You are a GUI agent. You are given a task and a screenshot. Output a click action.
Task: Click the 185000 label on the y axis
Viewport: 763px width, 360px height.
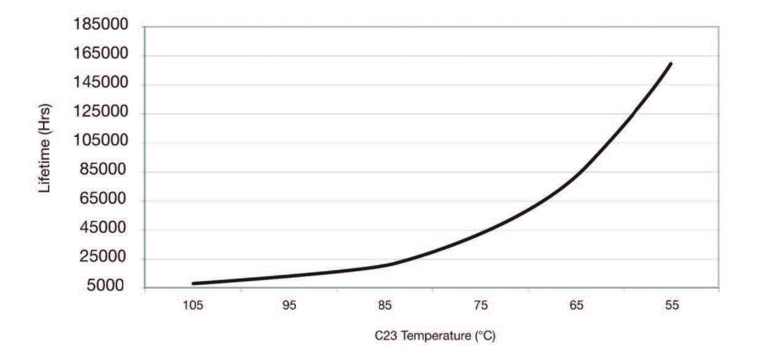(100, 26)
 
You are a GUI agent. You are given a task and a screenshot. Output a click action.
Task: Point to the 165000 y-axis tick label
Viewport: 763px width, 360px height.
(100, 55)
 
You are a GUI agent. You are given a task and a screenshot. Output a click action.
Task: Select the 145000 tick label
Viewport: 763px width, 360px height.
(100, 84)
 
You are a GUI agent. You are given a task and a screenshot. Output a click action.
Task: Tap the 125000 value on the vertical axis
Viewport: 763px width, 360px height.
(100, 113)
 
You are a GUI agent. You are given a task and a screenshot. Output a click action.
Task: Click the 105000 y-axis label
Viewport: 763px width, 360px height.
(100, 142)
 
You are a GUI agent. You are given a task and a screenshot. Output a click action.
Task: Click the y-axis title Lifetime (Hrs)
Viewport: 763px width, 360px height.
(45, 148)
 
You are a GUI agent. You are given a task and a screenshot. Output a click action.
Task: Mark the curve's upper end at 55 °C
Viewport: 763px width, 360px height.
(670, 63)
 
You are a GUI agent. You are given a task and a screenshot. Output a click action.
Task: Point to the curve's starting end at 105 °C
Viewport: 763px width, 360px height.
(194, 284)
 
